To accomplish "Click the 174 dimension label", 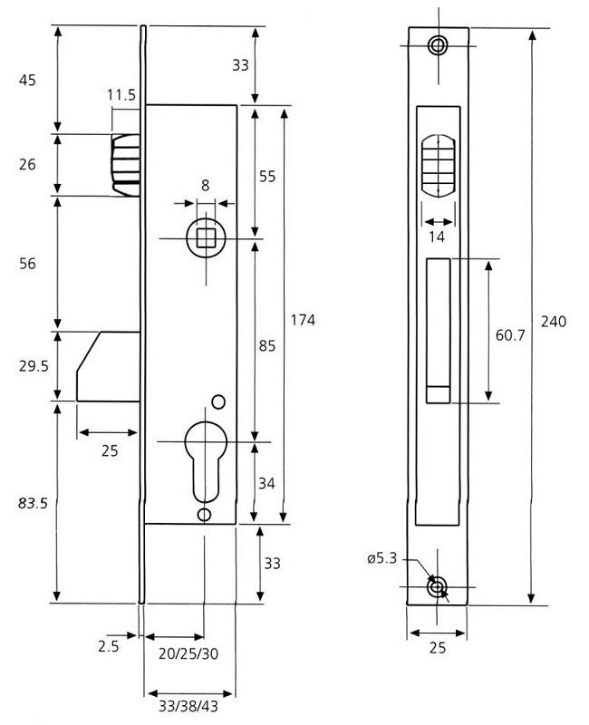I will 304,321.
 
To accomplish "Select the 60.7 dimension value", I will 510,335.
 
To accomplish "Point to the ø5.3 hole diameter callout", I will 381,559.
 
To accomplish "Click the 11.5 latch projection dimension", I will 121,94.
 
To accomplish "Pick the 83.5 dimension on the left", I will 32,504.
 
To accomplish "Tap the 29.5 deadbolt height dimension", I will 32,365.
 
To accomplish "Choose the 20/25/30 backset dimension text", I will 188,653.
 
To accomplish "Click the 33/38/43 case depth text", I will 188,703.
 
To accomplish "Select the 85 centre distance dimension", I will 267,344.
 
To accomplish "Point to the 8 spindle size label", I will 205,186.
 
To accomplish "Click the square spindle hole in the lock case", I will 205,238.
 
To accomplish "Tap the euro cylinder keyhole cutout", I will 204,458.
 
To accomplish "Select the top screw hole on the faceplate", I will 439,45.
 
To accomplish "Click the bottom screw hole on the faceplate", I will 439,587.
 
